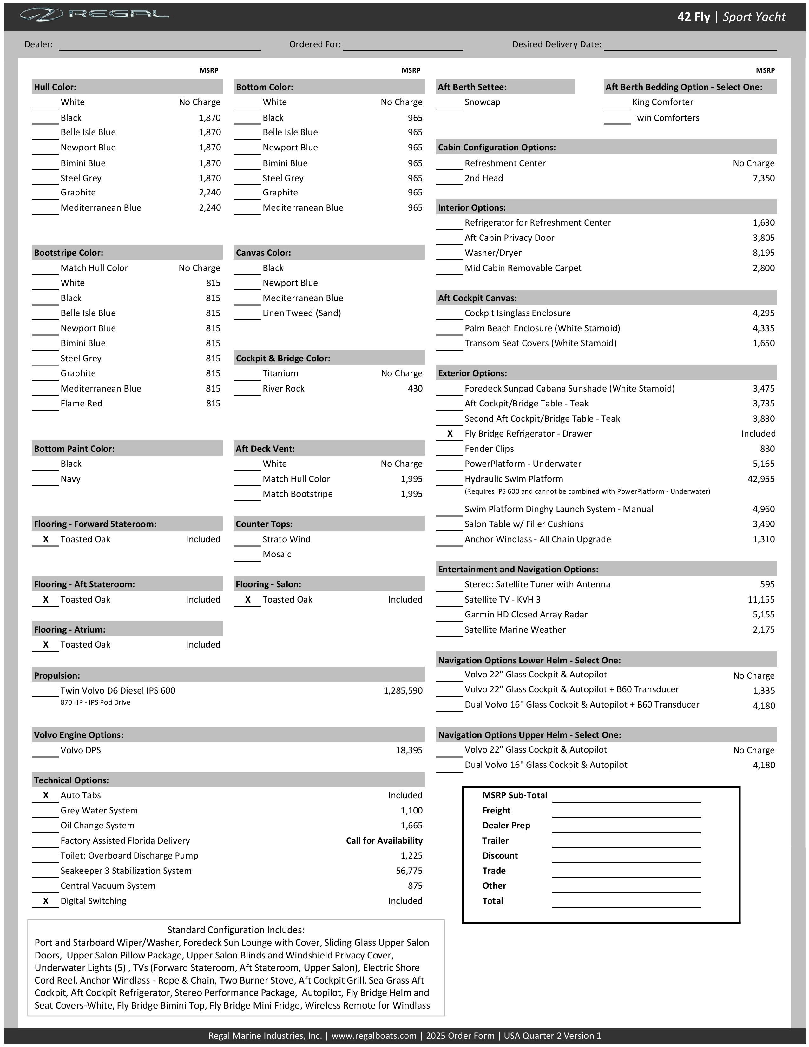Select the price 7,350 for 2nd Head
(x=763, y=178)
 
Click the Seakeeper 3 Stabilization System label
(x=126, y=871)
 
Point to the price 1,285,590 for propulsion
(x=403, y=690)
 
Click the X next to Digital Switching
(x=46, y=901)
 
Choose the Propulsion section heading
(x=57, y=675)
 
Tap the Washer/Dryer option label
(x=493, y=253)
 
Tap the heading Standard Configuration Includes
(x=235, y=930)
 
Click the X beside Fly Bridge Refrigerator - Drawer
(x=450, y=433)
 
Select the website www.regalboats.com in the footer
(x=374, y=1036)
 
